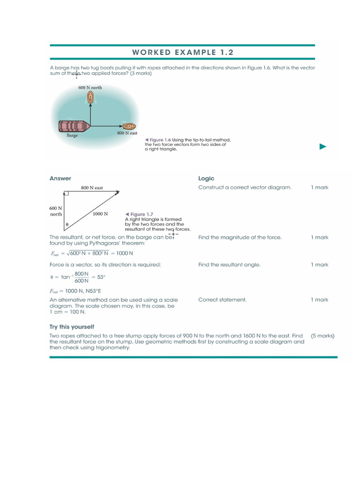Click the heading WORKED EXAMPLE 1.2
(182, 52)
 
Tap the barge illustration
(73, 126)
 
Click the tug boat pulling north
(90, 97)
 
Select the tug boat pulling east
(129, 126)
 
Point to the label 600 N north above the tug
(90, 88)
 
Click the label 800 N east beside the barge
(127, 134)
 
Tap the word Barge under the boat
(72, 135)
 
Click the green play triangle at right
(322, 147)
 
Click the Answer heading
(60, 178)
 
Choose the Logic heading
(206, 178)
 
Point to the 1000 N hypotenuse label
(100, 214)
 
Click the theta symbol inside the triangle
(67, 225)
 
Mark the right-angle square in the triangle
(67, 193)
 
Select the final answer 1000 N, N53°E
(76, 291)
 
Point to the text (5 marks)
(322, 336)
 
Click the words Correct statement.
(222, 300)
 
